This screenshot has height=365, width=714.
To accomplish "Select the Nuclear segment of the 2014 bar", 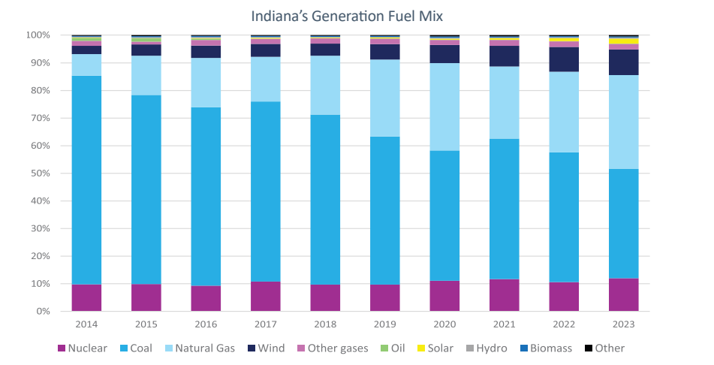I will click(86, 297).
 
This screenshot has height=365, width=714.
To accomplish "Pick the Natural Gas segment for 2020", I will click(444, 107).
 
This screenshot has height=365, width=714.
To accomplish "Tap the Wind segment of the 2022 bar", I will click(564, 59).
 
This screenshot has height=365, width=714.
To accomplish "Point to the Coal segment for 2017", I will click(265, 192).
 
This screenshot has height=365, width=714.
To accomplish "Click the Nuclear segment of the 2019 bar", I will click(384, 297).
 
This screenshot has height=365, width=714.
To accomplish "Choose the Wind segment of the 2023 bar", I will click(623, 62).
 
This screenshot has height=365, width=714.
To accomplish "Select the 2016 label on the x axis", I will click(206, 324).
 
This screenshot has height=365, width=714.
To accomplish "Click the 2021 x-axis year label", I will click(504, 324).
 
